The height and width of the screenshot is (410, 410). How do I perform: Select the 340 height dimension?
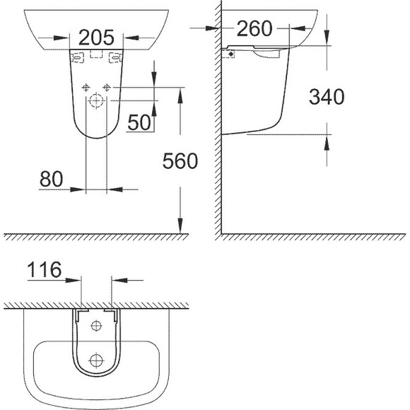pyautogui.click(x=327, y=97)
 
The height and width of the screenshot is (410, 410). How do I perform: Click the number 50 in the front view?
pyautogui.click(x=140, y=122)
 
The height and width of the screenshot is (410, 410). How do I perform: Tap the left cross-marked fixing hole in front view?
pyautogui.click(x=86, y=88)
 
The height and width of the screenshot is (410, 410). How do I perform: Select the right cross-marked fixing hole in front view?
pyautogui.click(x=107, y=88)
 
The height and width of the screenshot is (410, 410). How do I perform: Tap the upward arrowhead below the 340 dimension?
pyautogui.click(x=327, y=141)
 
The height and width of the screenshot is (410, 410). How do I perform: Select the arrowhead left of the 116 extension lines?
pyautogui.click(x=76, y=280)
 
